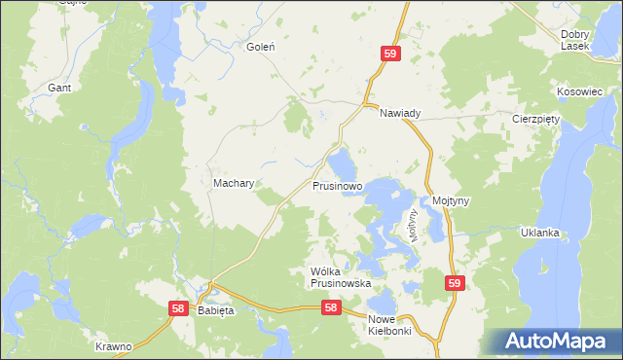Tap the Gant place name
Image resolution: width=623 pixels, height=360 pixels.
58,88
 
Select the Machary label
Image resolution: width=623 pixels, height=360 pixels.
234,183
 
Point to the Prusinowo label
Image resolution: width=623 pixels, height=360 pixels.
338,185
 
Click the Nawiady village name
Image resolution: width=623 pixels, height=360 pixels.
400,114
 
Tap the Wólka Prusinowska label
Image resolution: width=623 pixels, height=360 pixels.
341,277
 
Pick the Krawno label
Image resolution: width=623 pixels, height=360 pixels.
113,346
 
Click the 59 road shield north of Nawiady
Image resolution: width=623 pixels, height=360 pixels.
389,56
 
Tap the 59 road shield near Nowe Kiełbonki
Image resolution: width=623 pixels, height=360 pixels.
455,283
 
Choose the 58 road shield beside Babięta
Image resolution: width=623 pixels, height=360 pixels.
177,308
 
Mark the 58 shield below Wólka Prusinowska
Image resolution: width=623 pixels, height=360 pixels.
331,307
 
